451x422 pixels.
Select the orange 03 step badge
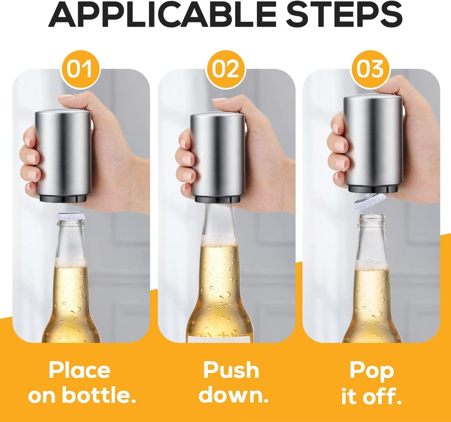pyautogui.click(x=370, y=69)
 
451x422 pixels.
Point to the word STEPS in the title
pyautogui.click(x=344, y=16)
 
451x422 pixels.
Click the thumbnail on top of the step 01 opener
pyautogui.click(x=65, y=96)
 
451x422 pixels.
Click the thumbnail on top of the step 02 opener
pyautogui.click(x=219, y=100)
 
